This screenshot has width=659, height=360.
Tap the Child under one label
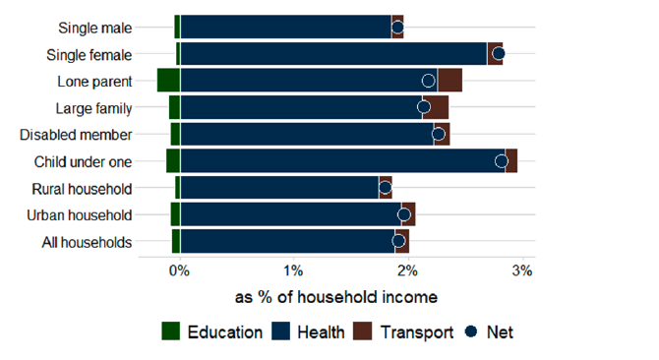[83, 162]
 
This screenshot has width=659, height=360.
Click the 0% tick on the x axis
[178, 270]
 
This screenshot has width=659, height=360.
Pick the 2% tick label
[407, 270]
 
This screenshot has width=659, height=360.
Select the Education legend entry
[210, 332]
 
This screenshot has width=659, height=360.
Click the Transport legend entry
[402, 332]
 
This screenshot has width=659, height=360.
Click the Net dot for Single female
[498, 54]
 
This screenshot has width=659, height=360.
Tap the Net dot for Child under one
[502, 161]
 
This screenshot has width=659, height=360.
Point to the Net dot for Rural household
[385, 188]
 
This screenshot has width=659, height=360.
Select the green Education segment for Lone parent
[168, 81]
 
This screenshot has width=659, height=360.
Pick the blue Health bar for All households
[285, 241]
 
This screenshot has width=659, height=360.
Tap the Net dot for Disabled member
[439, 134]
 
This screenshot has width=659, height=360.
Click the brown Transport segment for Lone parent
[449, 81]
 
